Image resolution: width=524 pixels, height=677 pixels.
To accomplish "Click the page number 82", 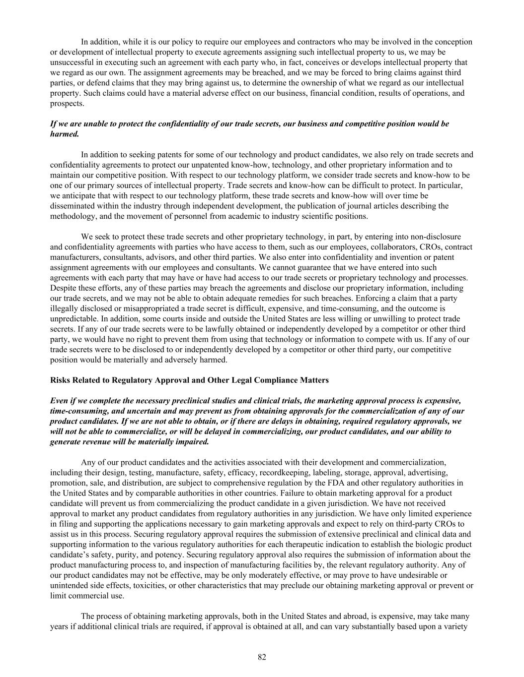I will click(262, 657).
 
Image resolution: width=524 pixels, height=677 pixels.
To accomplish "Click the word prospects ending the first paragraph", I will click(67, 104).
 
